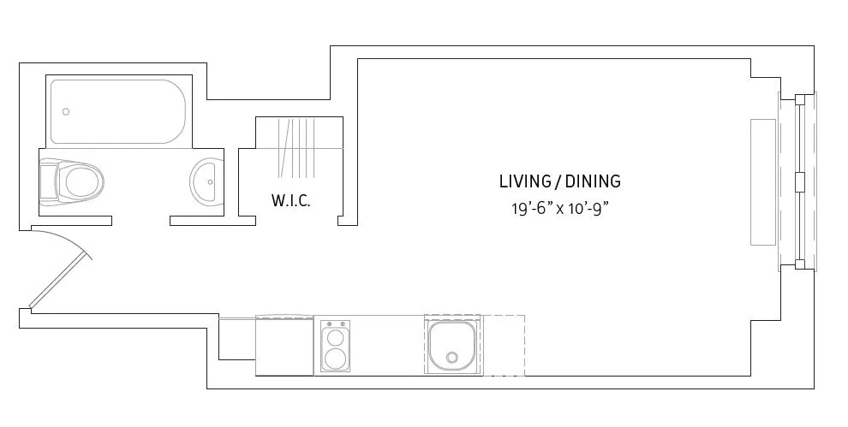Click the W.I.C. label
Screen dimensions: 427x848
tap(290, 201)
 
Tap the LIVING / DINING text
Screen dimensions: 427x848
tap(559, 181)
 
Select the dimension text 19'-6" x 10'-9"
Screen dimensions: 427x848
tap(559, 208)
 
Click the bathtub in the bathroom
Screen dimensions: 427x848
tap(118, 111)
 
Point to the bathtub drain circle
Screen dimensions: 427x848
tap(66, 111)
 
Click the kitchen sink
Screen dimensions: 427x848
tap(452, 344)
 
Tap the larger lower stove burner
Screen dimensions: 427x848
tap(336, 358)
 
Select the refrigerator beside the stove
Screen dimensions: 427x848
tap(284, 346)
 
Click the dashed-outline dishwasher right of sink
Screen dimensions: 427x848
tap(504, 345)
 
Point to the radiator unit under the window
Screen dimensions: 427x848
tap(762, 181)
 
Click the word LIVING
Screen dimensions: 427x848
tap(524, 181)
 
